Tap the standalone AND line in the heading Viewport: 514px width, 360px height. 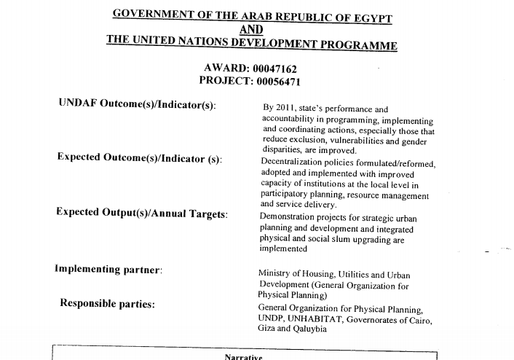(x=252, y=29)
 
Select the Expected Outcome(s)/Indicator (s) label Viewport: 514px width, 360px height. (x=140, y=158)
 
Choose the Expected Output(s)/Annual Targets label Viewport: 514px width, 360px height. (x=142, y=213)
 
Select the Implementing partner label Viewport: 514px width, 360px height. (x=108, y=269)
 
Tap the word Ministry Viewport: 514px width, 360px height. (x=274, y=273)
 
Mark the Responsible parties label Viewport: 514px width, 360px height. (x=108, y=303)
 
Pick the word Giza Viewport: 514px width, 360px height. (x=266, y=329)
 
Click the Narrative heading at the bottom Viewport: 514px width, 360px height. (x=245, y=356)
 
